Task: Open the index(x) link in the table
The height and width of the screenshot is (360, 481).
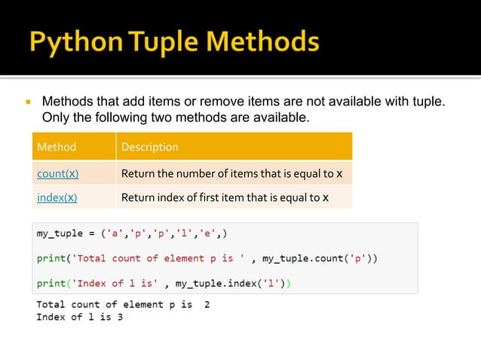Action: point(57,198)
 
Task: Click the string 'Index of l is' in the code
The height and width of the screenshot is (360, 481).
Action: point(118,283)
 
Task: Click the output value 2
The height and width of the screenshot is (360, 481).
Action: point(207,305)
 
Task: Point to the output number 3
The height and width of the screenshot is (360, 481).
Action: point(119,317)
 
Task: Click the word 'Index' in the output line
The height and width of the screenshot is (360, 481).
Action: point(51,317)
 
